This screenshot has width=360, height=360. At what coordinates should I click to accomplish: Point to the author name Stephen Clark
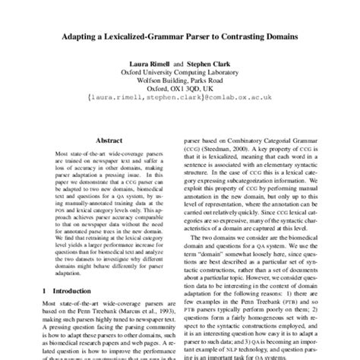point(213,64)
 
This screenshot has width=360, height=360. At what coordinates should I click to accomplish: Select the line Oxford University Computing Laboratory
point(180,74)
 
